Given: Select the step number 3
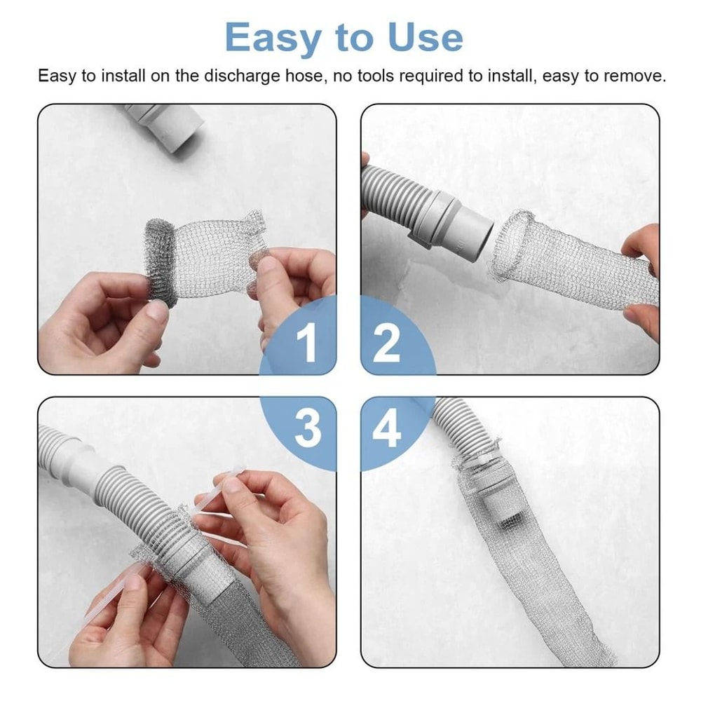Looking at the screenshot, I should pyautogui.click(x=307, y=429).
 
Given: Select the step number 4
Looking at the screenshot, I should pyautogui.click(x=386, y=429).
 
